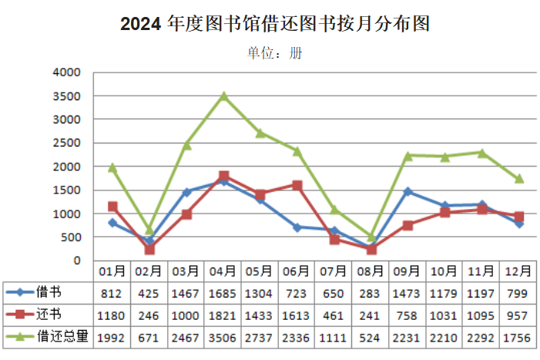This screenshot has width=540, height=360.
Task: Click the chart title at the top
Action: tap(274, 25)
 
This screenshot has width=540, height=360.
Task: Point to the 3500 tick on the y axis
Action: tap(67, 96)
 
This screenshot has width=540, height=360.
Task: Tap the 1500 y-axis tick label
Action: tap(67, 190)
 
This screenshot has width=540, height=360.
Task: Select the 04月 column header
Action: tap(223, 271)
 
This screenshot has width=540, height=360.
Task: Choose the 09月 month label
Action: tap(407, 271)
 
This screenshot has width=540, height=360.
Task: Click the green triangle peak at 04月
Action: tap(223, 96)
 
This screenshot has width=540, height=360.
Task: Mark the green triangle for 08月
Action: tap(371, 236)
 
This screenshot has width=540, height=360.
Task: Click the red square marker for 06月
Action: tap(297, 185)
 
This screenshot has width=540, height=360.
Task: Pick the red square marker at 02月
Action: tap(149, 249)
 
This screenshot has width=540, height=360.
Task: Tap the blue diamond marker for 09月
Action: tap(408, 191)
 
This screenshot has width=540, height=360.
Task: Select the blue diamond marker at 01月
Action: tap(112, 223)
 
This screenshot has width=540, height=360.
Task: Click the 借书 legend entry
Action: tap(47, 292)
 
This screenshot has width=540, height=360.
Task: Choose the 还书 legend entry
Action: tap(47, 315)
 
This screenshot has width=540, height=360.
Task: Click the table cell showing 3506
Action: tap(223, 337)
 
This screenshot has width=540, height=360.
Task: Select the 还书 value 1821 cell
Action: tap(223, 315)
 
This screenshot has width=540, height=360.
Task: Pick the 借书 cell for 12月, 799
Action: tap(518, 292)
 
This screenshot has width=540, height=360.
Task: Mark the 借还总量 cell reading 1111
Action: tap(334, 337)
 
